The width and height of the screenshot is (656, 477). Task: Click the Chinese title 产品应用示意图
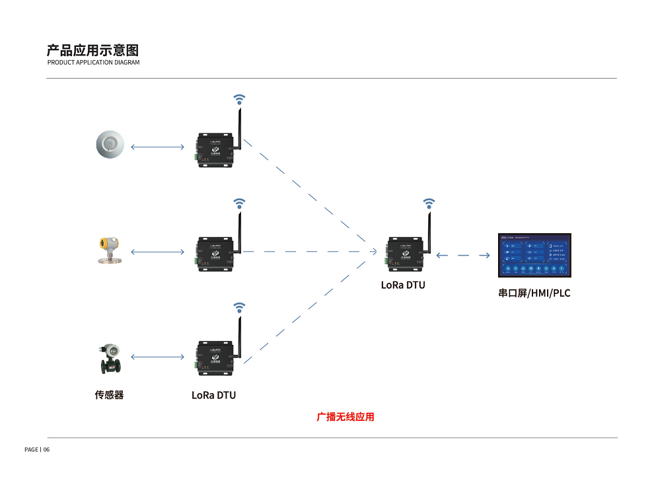(92, 50)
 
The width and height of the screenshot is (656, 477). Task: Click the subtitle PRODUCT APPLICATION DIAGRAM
(93, 63)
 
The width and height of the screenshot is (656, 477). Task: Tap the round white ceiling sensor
(109, 145)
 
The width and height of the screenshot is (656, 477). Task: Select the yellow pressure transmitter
(108, 251)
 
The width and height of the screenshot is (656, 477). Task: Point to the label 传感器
(109, 395)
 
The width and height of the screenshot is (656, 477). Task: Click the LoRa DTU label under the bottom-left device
(213, 395)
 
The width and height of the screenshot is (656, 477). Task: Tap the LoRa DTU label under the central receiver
(403, 285)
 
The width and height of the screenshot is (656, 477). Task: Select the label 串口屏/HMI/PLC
(534, 293)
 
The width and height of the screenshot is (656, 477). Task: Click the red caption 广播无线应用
(346, 417)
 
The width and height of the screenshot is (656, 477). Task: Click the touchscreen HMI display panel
(534, 256)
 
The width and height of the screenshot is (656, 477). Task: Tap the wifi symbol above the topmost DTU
(240, 99)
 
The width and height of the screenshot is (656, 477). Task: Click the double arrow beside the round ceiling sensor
(157, 147)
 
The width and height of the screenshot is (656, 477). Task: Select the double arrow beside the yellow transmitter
(157, 252)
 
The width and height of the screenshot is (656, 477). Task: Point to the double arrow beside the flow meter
(157, 357)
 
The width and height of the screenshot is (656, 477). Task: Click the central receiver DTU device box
(404, 254)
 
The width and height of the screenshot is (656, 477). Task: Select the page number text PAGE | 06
(37, 449)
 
